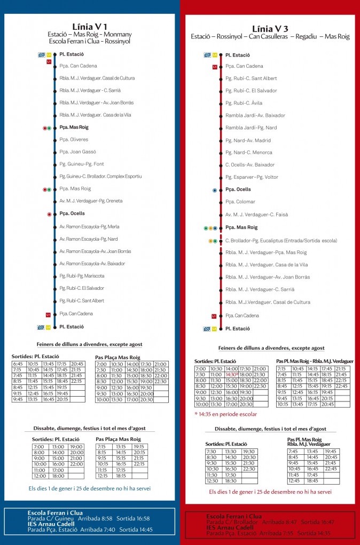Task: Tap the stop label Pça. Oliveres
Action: point(74,140)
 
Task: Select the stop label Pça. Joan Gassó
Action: point(77,152)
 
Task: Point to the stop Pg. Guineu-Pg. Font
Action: point(81,164)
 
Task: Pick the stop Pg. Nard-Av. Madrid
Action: point(248,140)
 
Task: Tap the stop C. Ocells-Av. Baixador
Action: point(249,165)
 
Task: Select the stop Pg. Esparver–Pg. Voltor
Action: point(252,177)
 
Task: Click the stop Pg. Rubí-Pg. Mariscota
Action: point(82,276)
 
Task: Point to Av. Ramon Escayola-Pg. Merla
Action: point(89,227)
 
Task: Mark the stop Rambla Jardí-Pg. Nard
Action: point(251,128)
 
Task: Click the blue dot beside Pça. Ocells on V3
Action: point(215,190)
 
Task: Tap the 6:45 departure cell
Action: point(18,364)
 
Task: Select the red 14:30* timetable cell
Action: point(231,375)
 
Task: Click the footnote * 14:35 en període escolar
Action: point(226,414)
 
